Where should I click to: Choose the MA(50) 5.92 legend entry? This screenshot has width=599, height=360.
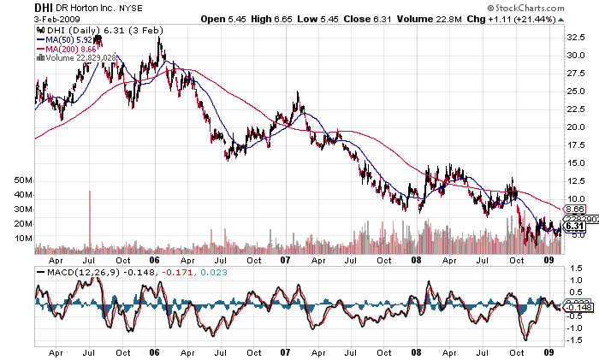tap(68, 39)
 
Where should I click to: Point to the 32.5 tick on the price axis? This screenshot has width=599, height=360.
tap(578, 38)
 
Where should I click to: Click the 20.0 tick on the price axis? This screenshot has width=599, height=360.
tap(578, 127)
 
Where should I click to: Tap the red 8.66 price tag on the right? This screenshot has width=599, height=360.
tap(575, 209)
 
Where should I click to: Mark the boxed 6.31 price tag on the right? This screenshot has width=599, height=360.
tap(575, 227)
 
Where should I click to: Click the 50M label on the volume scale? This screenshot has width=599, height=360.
tap(22, 181)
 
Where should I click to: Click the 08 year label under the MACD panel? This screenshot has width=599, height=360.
tap(416, 351)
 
